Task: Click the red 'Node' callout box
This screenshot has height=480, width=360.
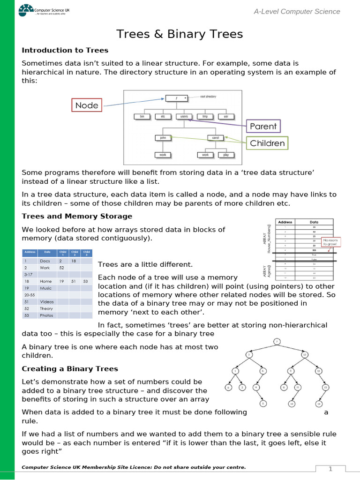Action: coord(87,105)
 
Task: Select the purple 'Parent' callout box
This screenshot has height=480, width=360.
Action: coord(263,126)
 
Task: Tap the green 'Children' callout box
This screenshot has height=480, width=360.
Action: coord(267,143)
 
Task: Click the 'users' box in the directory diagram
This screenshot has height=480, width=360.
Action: coord(184,116)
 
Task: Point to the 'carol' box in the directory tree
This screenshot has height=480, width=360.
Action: coord(216,138)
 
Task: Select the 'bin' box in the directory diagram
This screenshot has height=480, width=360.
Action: coord(142,116)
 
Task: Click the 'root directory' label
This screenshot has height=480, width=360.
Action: coord(208,97)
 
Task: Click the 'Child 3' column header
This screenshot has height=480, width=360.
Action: coord(86,253)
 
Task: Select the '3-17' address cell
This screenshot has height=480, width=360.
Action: coord(30,274)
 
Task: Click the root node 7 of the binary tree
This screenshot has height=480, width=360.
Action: coord(277,341)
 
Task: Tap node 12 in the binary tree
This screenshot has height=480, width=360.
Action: coord(304,355)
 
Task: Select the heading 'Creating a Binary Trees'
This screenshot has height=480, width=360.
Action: coord(70,369)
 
